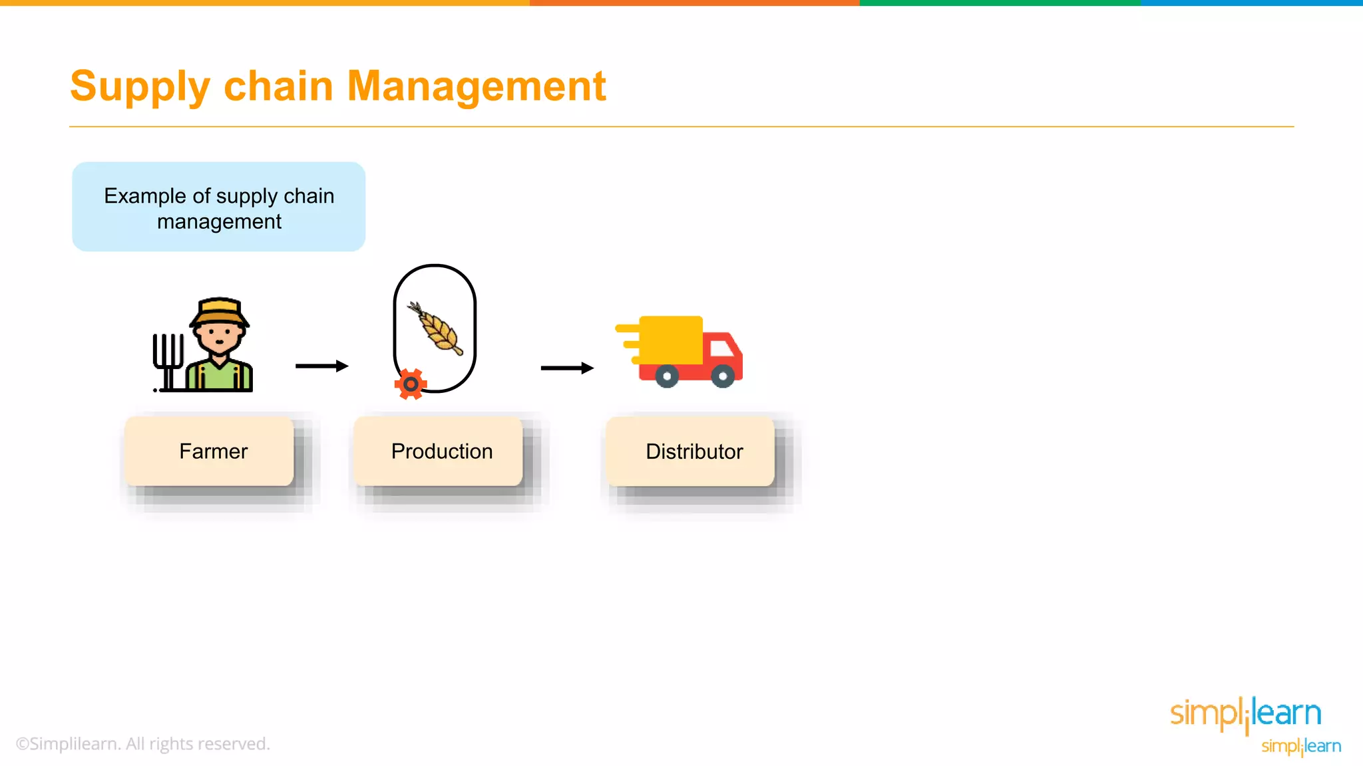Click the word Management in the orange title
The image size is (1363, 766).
[x=476, y=86]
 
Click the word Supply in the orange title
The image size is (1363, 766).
[x=140, y=87]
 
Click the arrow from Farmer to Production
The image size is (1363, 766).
[x=322, y=366]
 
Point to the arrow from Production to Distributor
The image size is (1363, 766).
[x=567, y=368]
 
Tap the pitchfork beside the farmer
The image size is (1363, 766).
[x=168, y=359]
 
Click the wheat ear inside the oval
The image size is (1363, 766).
[x=437, y=329]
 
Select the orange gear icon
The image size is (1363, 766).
[x=411, y=384]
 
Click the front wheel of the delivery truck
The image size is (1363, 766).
[x=723, y=376]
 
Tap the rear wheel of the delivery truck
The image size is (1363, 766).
[x=667, y=376]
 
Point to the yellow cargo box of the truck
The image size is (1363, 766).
[x=671, y=340]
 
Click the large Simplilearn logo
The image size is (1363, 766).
[x=1245, y=713]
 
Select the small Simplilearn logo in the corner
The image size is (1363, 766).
[x=1301, y=746]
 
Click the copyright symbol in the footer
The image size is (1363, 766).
[x=22, y=744]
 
